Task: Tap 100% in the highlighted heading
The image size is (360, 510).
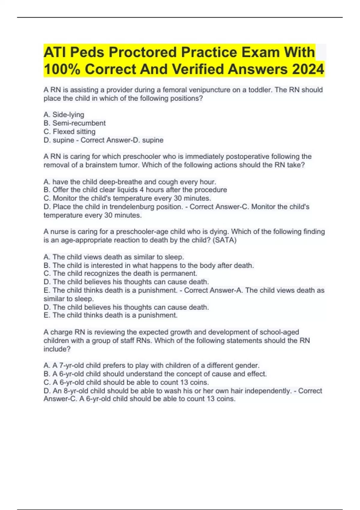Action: [62, 69]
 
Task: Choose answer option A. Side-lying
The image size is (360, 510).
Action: [64, 115]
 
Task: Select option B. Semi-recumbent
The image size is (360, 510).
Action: [74, 123]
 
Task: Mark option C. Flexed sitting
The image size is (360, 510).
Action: [70, 131]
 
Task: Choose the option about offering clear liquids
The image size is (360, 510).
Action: [135, 190]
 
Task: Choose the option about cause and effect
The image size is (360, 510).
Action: [155, 374]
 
